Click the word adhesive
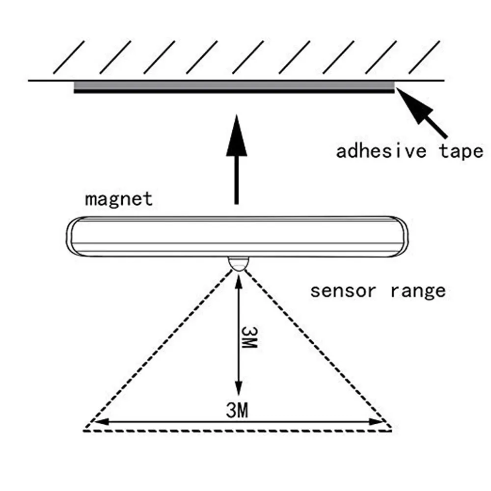pyautogui.click(x=381, y=151)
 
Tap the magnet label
pyautogui.click(x=118, y=199)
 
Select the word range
pyautogui.click(x=418, y=291)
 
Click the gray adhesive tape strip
pyautogui.click(x=234, y=87)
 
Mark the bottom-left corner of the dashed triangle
pyautogui.click(x=84, y=430)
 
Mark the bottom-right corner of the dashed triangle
pyautogui.click(x=391, y=430)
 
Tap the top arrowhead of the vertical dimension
pyautogui.click(x=237, y=281)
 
